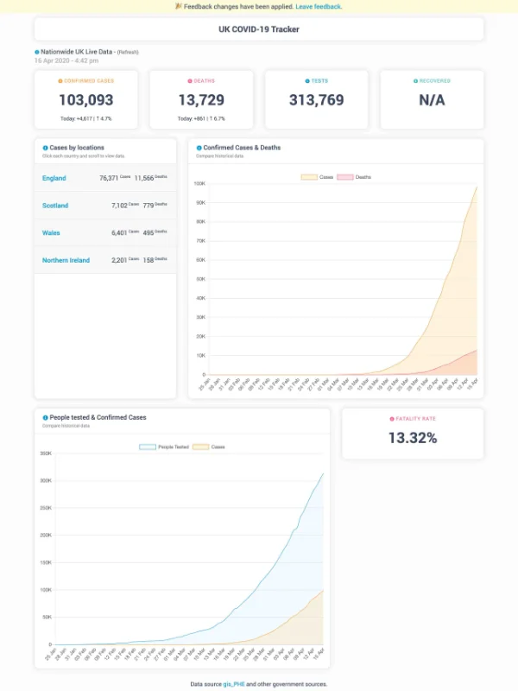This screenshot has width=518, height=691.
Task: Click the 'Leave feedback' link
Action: pyautogui.click(x=319, y=6)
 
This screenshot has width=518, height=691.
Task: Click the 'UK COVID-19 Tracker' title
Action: pyautogui.click(x=259, y=29)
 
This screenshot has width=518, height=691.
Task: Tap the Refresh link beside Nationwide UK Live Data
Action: pyautogui.click(x=128, y=53)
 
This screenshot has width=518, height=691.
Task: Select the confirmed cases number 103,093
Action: pyautogui.click(x=86, y=99)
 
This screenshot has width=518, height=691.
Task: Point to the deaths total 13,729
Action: pyautogui.click(x=201, y=99)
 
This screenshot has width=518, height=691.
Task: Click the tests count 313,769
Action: pyautogui.click(x=317, y=99)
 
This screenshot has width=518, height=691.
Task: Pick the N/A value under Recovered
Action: pyautogui.click(x=432, y=99)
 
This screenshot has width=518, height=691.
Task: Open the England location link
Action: pyautogui.click(x=54, y=178)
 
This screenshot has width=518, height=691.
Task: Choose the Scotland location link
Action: pyautogui.click(x=54, y=206)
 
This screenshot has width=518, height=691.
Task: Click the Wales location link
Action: pyautogui.click(x=51, y=233)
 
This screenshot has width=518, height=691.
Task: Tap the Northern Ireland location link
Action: pyautogui.click(x=66, y=260)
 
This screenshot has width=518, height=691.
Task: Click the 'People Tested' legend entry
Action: pyautogui.click(x=167, y=447)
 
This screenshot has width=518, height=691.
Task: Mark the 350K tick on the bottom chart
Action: pyautogui.click(x=46, y=453)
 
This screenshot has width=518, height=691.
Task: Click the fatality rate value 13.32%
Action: pyautogui.click(x=412, y=438)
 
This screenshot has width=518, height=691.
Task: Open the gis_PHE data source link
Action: pyautogui.click(x=235, y=683)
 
